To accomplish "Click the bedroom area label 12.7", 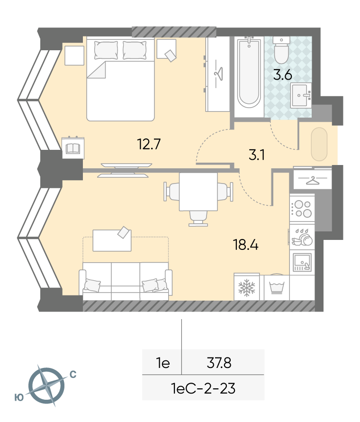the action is click(149, 144).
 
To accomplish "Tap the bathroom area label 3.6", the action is click(283, 74).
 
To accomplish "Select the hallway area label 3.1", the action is click(257, 155).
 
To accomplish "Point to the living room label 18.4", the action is click(246, 245).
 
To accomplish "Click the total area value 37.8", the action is click(219, 363).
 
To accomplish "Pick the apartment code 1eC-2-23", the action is click(203, 388).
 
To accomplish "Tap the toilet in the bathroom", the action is click(281, 50).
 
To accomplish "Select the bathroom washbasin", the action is click(301, 95).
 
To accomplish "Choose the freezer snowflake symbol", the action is click(246, 287).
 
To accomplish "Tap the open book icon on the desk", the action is click(73, 148).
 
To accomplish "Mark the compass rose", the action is click(46, 385).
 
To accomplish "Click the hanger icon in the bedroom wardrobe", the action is click(219, 73).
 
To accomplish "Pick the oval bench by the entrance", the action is click(319, 144).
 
